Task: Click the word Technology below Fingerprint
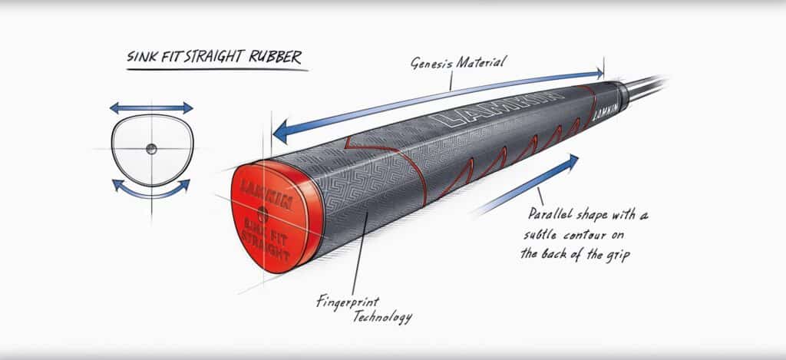(x=381, y=315)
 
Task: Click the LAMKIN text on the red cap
(x=258, y=188)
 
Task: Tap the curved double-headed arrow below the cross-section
(x=151, y=187)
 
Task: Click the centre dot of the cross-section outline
(x=151, y=147)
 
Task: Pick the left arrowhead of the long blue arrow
(x=283, y=132)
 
